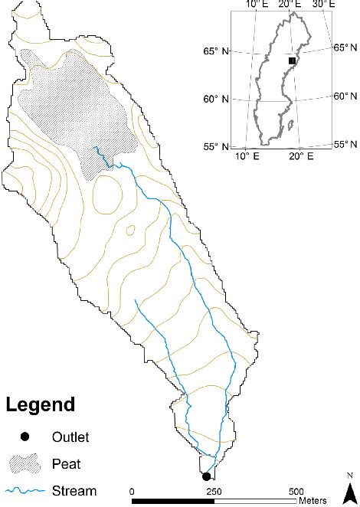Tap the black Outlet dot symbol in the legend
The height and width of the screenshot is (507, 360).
pyautogui.click(x=25, y=437)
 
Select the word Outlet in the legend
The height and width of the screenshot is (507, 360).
pyautogui.click(x=70, y=437)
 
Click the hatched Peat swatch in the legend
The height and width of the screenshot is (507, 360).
pyautogui.click(x=25, y=463)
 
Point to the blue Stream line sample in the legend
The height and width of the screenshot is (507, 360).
pyautogui.click(x=25, y=491)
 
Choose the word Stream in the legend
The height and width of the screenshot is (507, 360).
pyautogui.click(x=74, y=491)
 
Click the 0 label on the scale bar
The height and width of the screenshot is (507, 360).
pyautogui.click(x=132, y=491)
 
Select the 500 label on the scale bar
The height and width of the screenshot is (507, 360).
pyautogui.click(x=296, y=491)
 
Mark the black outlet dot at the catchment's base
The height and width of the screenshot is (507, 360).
pyautogui.click(x=206, y=476)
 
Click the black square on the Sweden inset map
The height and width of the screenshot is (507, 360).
pyautogui.click(x=291, y=61)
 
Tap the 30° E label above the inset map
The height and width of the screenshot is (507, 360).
pyautogui.click(x=323, y=5)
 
